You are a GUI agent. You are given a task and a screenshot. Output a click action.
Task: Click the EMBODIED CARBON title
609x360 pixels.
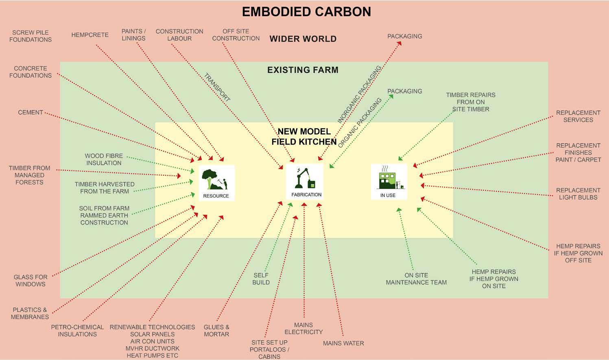pos(306,12)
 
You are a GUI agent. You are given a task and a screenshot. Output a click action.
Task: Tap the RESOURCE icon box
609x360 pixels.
pos(216,183)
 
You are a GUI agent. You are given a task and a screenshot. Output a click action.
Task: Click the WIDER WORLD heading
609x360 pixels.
pos(303,39)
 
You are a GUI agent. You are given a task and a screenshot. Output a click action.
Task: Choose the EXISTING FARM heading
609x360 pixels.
pos(303,70)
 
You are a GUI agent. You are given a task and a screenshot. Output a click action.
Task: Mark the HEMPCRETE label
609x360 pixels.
pos(90,35)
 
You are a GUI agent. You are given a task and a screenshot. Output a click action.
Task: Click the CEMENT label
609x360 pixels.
pos(31,113)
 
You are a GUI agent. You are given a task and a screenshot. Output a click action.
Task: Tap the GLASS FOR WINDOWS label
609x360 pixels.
pos(31,281)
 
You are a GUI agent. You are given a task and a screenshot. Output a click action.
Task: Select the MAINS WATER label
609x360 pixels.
pos(343,343)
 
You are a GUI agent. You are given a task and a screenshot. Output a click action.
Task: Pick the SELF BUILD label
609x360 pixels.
pos(261,279)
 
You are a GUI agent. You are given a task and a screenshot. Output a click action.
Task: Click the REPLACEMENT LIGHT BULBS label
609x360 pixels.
pos(578,194)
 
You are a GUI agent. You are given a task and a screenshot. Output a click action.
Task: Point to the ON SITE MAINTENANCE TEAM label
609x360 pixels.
pos(416,279)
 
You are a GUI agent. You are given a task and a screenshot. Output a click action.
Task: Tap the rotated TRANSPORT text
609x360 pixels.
pos(217,87)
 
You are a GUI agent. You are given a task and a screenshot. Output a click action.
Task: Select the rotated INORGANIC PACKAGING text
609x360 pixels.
pos(359,94)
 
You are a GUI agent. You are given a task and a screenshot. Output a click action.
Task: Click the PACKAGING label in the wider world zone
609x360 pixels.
pos(404,36)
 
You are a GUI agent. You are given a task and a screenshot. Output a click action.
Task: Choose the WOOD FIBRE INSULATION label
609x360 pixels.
pos(104,159)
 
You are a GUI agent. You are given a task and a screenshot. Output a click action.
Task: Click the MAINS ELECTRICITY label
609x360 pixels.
pos(303,328)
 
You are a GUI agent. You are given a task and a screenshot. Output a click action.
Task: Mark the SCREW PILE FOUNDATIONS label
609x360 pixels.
pos(31,36)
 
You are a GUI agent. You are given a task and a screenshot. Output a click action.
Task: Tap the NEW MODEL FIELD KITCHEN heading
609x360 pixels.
pos(304,137)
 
